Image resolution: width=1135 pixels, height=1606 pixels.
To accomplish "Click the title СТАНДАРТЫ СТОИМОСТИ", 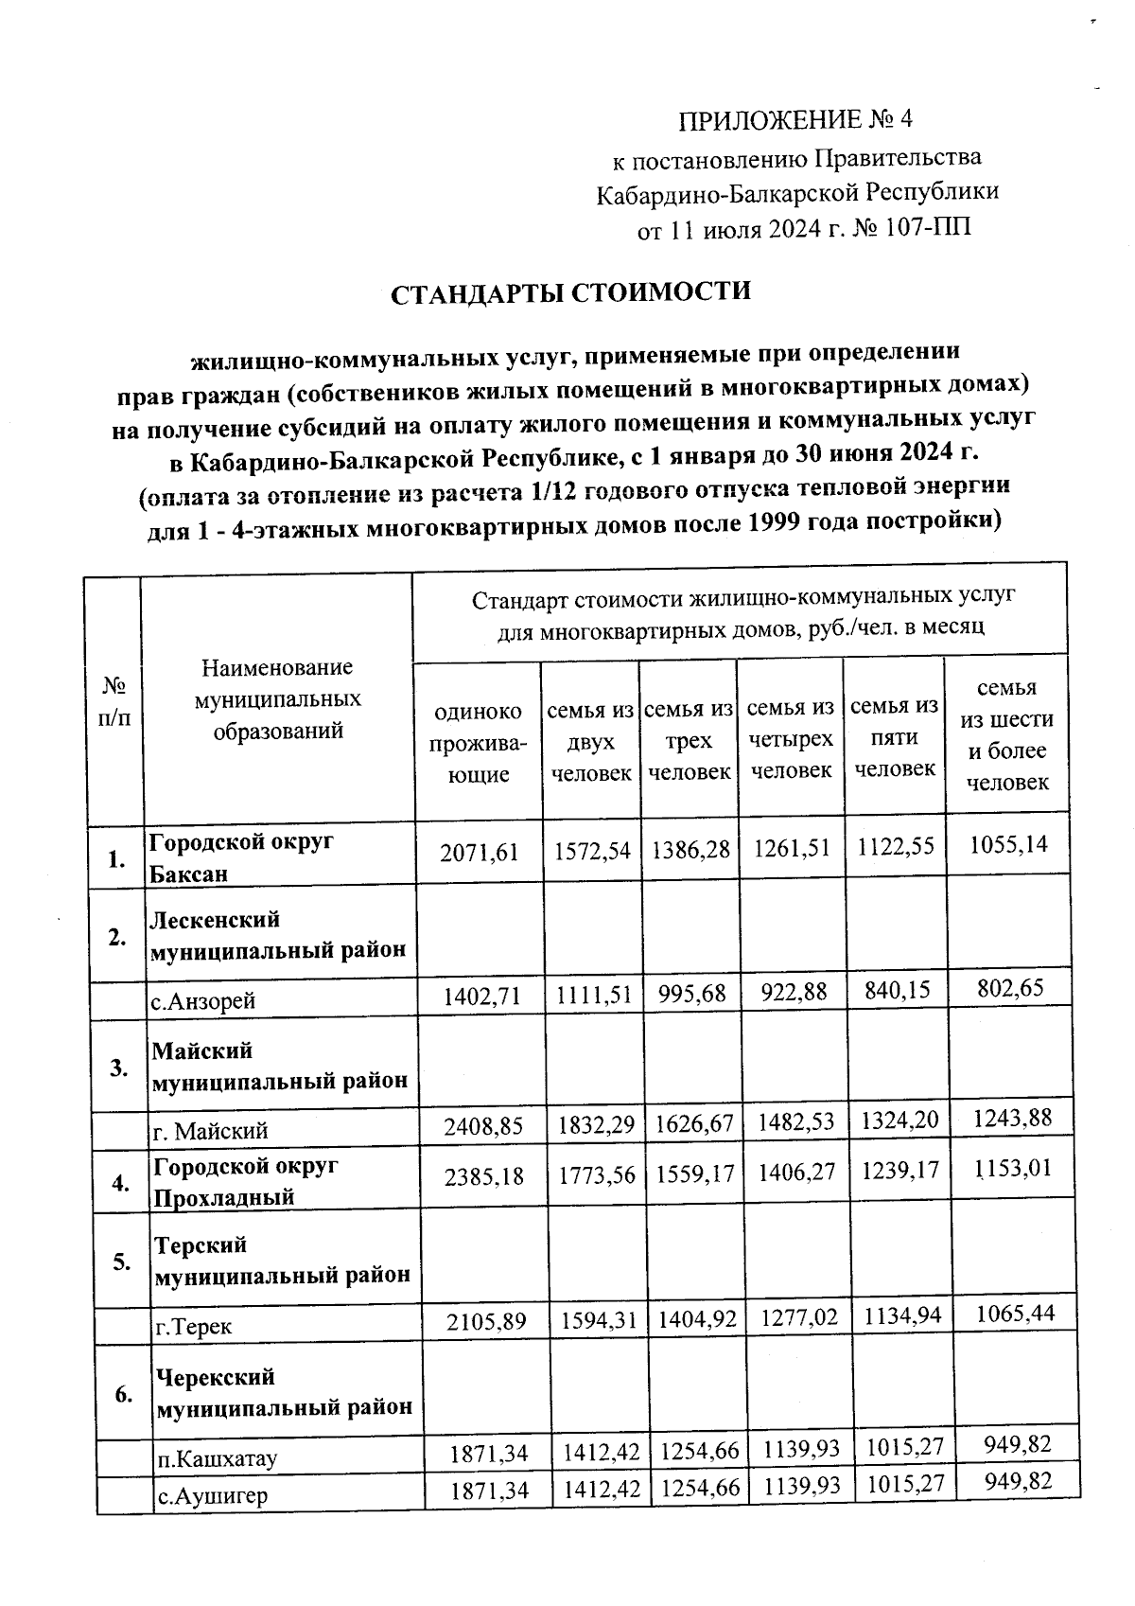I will tap(571, 291).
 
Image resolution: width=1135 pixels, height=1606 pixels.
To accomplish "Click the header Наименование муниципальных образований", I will tap(277, 698).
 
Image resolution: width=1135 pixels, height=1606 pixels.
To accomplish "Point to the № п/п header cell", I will tap(113, 699).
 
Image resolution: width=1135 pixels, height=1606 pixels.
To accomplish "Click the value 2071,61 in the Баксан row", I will tap(480, 853).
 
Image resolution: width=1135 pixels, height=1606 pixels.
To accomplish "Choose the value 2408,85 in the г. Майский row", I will tap(483, 1126).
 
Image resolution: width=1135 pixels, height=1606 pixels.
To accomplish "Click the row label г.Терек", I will tap(194, 1327).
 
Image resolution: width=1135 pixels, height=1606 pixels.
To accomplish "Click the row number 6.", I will tap(122, 1394).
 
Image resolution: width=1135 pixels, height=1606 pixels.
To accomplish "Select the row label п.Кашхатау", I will tap(217, 1458).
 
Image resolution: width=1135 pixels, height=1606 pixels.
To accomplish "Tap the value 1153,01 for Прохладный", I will tap(1011, 1169).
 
